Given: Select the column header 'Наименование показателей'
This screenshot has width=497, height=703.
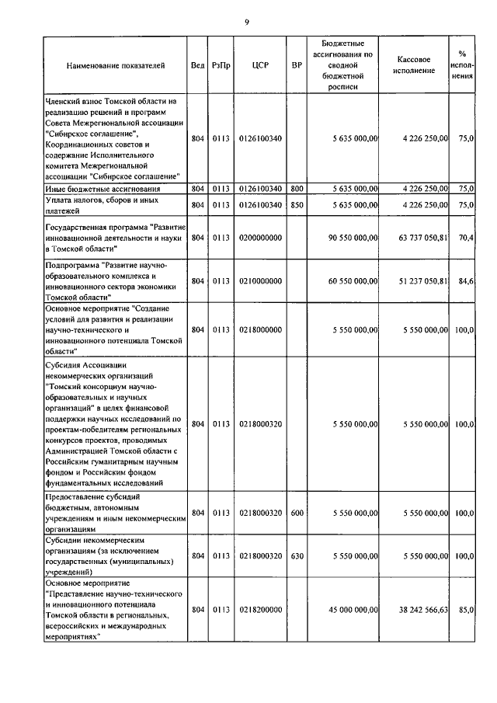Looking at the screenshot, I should click(x=116, y=66).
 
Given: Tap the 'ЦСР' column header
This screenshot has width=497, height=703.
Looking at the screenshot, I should click(x=260, y=66).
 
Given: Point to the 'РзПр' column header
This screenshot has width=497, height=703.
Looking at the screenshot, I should click(x=220, y=66).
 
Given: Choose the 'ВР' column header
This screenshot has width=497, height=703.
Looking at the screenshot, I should click(x=297, y=66).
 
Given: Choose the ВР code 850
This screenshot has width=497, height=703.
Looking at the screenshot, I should click(x=297, y=204).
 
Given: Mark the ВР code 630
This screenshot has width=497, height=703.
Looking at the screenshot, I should click(x=297, y=556).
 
